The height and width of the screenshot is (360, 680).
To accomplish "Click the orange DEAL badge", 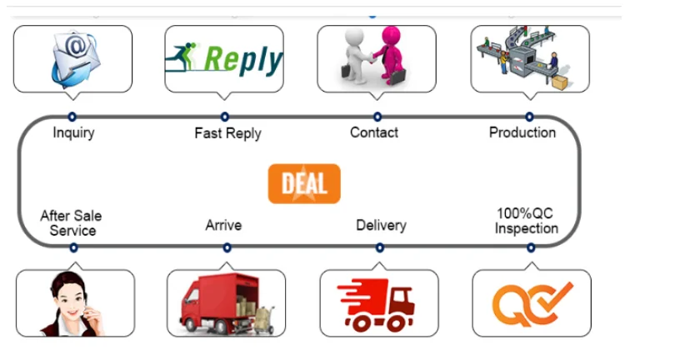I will pyautogui.click(x=304, y=183).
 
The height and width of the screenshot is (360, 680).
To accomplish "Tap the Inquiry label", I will pyautogui.click(x=73, y=132).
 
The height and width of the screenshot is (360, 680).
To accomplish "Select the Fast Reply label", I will pyautogui.click(x=227, y=133).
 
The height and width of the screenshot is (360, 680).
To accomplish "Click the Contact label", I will pyautogui.click(x=374, y=132).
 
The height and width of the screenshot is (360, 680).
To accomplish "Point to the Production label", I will pyautogui.click(x=522, y=132).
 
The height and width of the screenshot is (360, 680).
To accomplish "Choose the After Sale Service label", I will pyautogui.click(x=71, y=223).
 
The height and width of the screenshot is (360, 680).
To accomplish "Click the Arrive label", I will pyautogui.click(x=223, y=225).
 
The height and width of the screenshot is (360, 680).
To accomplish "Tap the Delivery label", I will pyautogui.click(x=381, y=225).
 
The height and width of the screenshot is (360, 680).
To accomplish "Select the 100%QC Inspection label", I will pyautogui.click(x=526, y=221).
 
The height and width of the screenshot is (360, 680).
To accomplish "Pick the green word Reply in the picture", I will pyautogui.click(x=242, y=60).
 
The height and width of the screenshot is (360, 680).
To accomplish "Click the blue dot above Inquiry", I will pyautogui.click(x=72, y=117).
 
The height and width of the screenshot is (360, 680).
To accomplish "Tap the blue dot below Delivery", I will pyautogui.click(x=380, y=247).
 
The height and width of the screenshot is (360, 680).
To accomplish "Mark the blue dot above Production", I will pyautogui.click(x=529, y=117).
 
